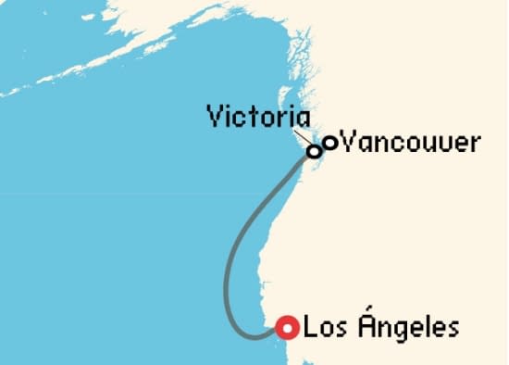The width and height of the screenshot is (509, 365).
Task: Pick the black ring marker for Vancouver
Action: pos(329,143)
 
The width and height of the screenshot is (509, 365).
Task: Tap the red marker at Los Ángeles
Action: pos(288,327)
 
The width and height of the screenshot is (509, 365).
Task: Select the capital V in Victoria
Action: pos(215,119)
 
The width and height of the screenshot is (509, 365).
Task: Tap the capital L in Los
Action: pos(310,327)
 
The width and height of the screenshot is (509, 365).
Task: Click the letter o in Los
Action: pos(323,329)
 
